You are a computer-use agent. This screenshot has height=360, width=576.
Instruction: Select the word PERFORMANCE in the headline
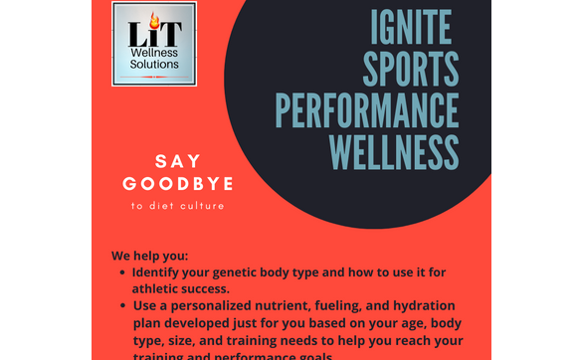coord(367,109)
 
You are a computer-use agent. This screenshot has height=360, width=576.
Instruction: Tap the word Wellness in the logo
coord(153,51)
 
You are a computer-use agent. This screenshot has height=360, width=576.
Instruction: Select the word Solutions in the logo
coord(153,65)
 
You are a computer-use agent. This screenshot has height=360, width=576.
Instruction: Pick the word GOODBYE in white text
coord(178,184)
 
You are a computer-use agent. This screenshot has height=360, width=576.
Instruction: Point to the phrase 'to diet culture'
coord(178,206)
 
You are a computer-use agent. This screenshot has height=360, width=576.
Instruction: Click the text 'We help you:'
coord(149,255)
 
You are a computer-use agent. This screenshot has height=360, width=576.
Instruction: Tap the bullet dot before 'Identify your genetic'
coord(121,271)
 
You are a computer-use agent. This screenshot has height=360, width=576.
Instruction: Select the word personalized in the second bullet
coord(218,305)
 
